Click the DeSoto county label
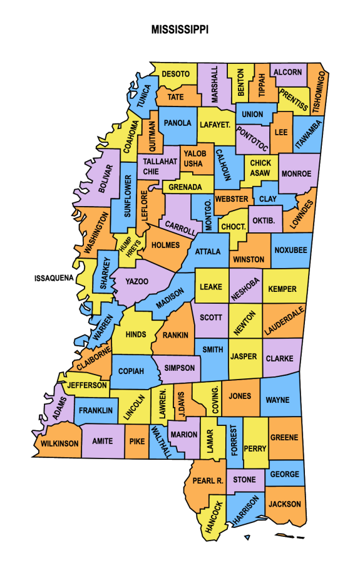[175, 74]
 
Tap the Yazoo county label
[137, 281]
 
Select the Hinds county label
[136, 334]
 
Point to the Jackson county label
[285, 504]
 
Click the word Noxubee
[291, 250]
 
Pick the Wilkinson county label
[60, 443]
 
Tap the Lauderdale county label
[284, 319]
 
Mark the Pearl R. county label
[208, 480]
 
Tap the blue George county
[285, 475]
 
